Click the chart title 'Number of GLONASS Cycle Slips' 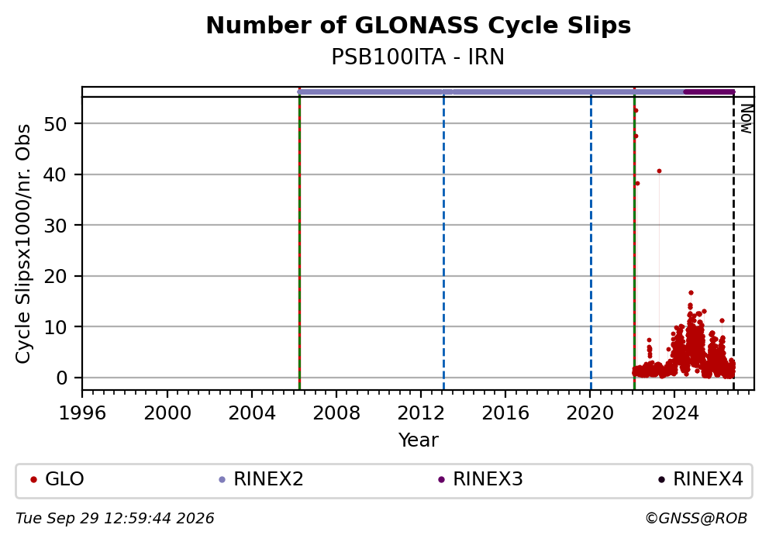pos(419,26)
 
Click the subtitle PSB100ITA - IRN pos(418,57)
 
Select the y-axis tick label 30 pos(55,225)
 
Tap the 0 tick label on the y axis pos(61,378)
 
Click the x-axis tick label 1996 pos(82,413)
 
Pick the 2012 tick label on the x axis pos(421,413)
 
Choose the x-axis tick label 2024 pos(675,413)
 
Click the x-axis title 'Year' pos(419,440)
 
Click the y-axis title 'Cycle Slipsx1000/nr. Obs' pos(23,243)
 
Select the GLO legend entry pos(57,479)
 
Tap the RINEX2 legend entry pos(261,479)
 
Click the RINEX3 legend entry pos(481,479)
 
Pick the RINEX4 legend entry pos(701,479)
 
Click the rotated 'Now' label pos(746,119)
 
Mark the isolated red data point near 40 pos(659,171)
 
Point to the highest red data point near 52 pos(636,110)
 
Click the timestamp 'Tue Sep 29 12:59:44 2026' pos(115,519)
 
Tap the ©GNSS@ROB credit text pos(696,519)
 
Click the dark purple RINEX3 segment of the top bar pos(709,91)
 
